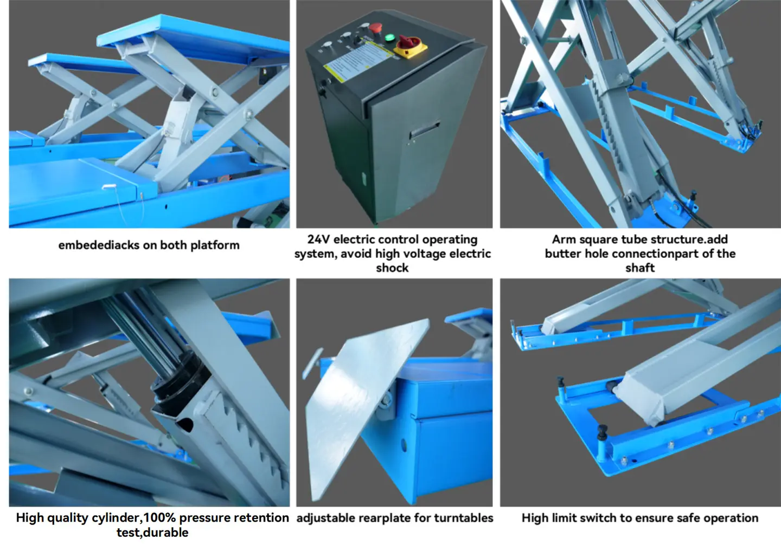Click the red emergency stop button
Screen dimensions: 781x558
tap(375, 28)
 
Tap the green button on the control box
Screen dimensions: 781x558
tap(389, 37)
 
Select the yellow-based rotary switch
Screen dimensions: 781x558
tap(411, 47)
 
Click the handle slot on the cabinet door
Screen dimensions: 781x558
tap(425, 129)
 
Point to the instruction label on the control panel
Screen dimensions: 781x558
tap(357, 61)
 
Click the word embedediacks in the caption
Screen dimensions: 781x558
tap(99, 245)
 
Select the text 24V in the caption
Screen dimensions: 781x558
tap(319, 239)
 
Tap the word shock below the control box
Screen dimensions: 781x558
tap(392, 268)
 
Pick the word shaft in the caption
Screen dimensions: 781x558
tap(640, 268)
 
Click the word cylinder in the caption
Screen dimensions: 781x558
tap(116, 518)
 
